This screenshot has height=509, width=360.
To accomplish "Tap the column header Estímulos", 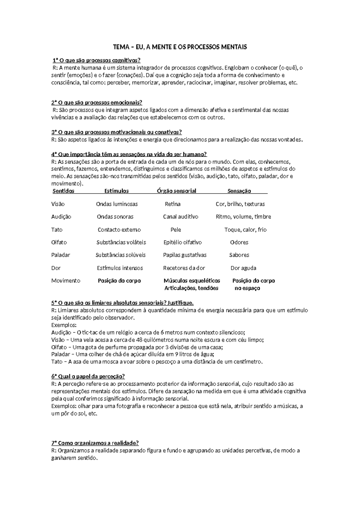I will tap(116, 191).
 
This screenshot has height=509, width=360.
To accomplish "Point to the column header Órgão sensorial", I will tap(176, 191).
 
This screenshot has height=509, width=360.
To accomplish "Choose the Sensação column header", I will tap(239, 191).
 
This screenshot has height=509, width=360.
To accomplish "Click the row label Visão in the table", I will tap(58, 204).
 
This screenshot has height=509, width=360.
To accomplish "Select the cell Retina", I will tap(172, 204).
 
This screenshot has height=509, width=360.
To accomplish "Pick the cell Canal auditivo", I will tap(181, 217).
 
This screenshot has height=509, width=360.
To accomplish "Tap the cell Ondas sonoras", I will tap(115, 217).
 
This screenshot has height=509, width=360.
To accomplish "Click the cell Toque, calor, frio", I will tap(245, 230).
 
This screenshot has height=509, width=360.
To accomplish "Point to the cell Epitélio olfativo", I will tap(182, 242).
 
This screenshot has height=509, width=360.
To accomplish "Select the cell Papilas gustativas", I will tap(185, 255).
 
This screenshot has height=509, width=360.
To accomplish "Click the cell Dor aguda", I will tap(243, 268).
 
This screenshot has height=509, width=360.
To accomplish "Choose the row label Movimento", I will tap(66, 281).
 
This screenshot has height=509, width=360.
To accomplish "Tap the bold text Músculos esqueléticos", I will tap(192, 281).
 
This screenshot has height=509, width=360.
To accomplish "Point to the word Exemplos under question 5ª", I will tap(64, 325).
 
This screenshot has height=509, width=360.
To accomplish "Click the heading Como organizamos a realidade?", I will tap(95, 443).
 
